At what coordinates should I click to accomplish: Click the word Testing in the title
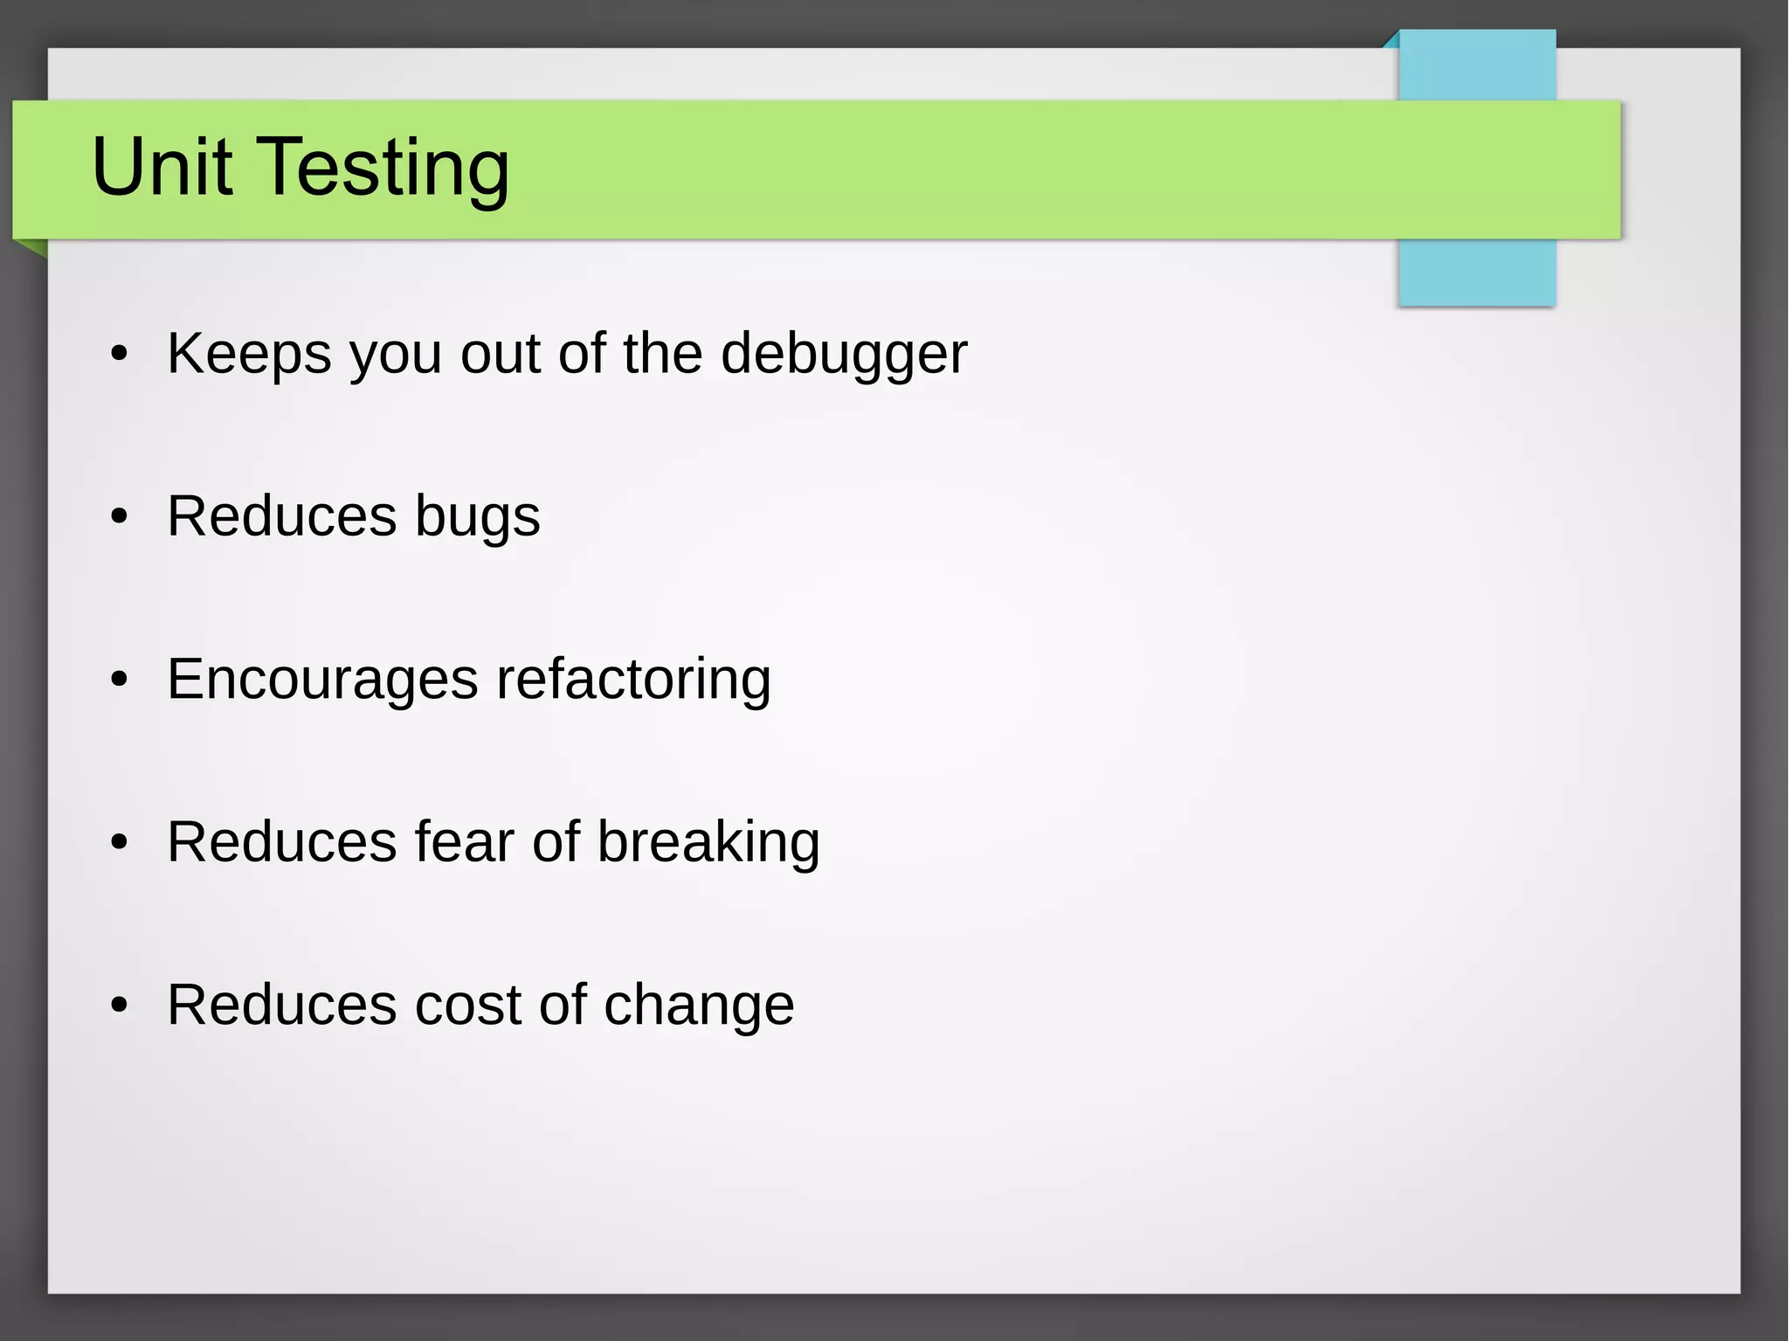[383, 170]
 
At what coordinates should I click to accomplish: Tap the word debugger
[843, 355]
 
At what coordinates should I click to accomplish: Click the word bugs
[477, 517]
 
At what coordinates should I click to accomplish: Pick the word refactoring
[633, 680]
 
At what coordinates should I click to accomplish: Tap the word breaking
[708, 843]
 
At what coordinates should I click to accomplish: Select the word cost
[467, 1005]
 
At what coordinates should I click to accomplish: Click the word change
[699, 1006]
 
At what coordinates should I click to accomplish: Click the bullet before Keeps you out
[120, 354]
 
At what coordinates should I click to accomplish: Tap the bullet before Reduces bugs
[120, 516]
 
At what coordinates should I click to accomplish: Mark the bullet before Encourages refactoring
[120, 679]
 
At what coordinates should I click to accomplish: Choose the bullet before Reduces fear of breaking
[120, 842]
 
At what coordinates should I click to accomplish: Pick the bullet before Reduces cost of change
[120, 1005]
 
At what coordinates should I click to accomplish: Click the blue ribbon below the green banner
[1476, 272]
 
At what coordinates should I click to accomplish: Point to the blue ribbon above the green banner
[1476, 66]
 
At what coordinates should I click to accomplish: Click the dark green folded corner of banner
[36, 247]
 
